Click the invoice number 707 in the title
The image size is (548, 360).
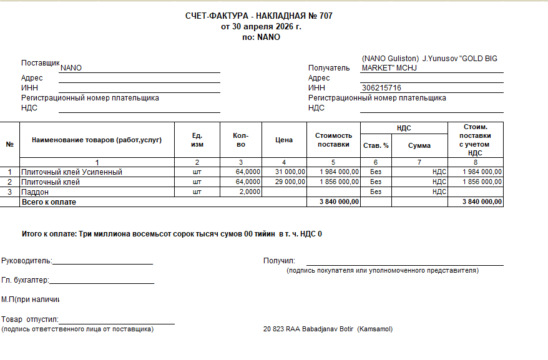pyautogui.click(x=325, y=16)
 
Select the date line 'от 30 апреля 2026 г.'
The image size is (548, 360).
pyautogui.click(x=261, y=27)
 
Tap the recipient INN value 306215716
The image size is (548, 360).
pyautogui.click(x=381, y=88)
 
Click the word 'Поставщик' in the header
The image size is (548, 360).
pyautogui.click(x=40, y=64)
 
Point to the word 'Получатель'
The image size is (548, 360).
pyautogui.click(x=329, y=68)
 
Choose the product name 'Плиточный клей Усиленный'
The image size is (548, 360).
pyautogui.click(x=72, y=172)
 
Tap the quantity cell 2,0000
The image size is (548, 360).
pyautogui.click(x=248, y=192)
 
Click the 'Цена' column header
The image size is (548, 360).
pyautogui.click(x=284, y=140)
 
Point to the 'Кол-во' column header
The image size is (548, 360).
pyautogui.click(x=241, y=140)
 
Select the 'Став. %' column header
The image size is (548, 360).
pyautogui.click(x=376, y=145)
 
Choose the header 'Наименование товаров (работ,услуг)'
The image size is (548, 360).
pyautogui.click(x=97, y=140)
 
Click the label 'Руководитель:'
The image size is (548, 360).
pyautogui.click(x=27, y=261)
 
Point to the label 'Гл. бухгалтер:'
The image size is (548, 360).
pyautogui.click(x=25, y=281)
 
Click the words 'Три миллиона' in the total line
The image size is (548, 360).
pyautogui.click(x=102, y=234)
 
